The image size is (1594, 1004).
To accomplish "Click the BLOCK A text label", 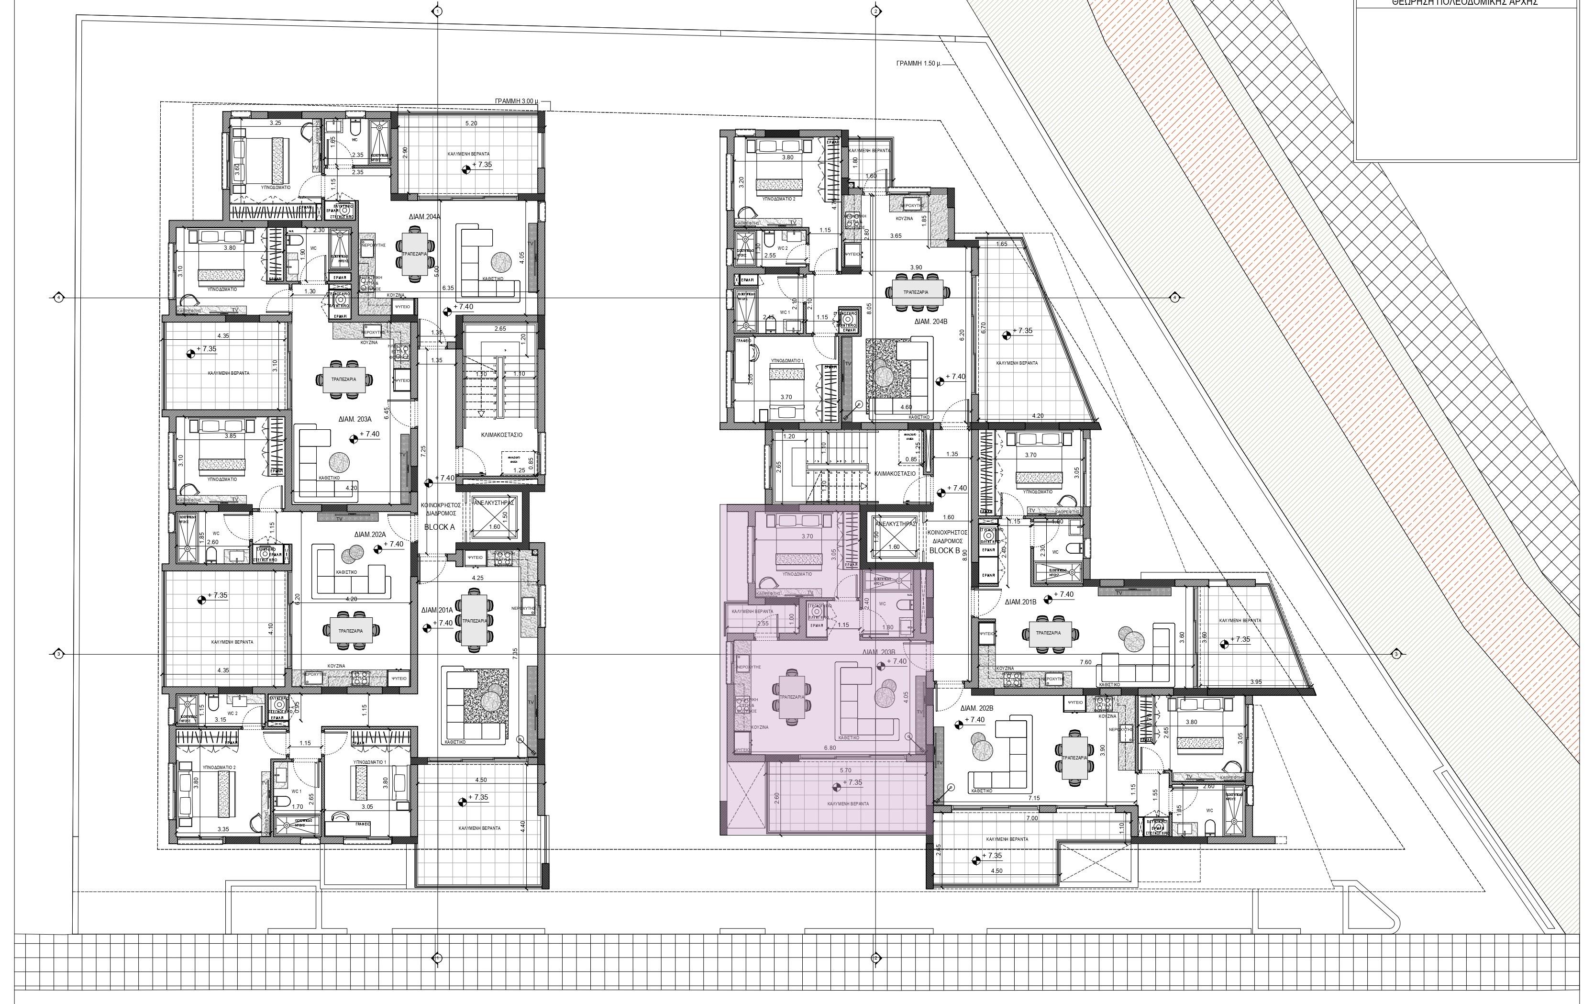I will point(440,527).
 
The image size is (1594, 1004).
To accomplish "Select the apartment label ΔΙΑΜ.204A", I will point(424,216).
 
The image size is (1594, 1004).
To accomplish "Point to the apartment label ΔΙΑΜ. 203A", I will point(357,419).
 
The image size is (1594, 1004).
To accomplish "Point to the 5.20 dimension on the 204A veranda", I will point(471,123).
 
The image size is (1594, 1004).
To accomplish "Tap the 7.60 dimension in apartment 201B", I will point(1085,662).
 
